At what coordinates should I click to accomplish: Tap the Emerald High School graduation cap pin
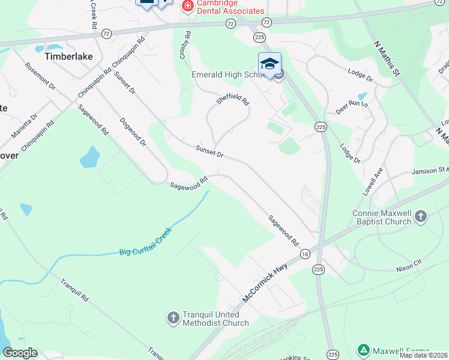pos(270,64)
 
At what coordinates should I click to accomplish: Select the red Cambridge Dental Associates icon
pos(187,6)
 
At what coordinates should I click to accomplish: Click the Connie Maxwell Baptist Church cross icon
pos(421,216)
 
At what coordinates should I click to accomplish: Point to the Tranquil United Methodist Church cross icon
pos(173,318)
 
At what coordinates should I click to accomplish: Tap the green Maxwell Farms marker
pos(363,349)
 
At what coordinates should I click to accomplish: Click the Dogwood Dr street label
pos(134,131)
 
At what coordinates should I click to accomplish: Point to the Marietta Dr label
pos(23,125)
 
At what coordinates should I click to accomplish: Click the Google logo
pos(20,353)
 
